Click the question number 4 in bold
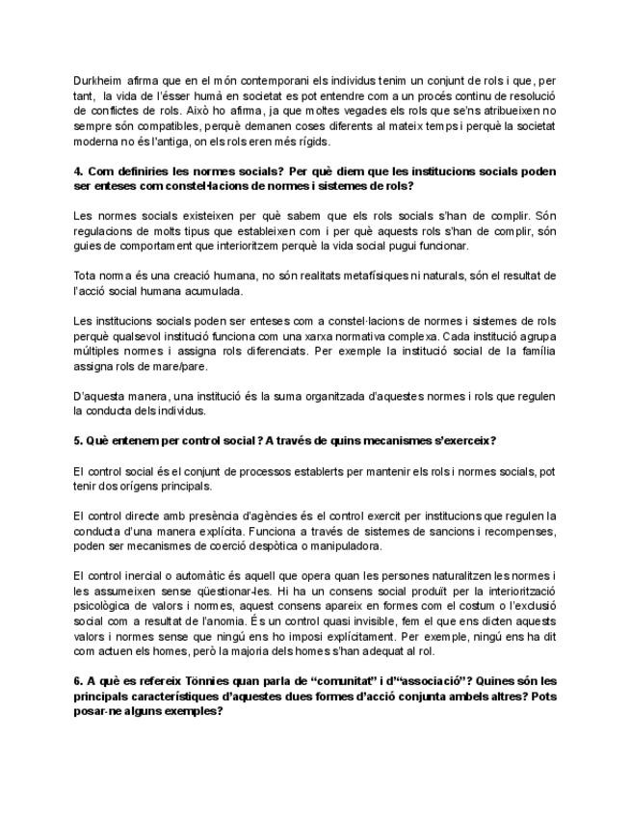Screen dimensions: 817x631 point(77,171)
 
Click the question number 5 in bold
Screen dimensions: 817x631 point(77,440)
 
